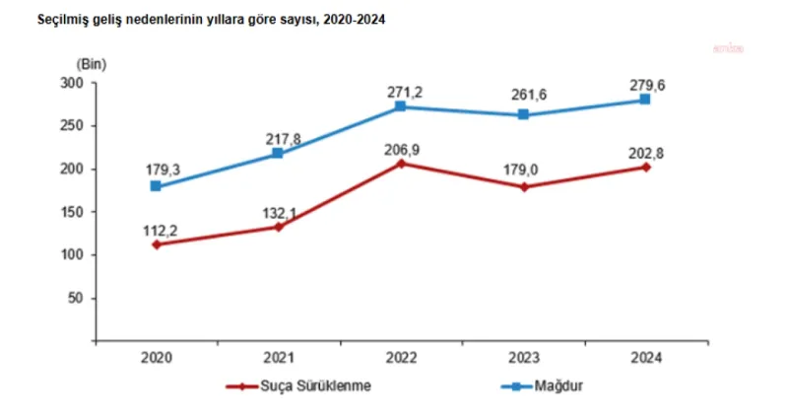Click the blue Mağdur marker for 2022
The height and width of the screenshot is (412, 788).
(400, 106)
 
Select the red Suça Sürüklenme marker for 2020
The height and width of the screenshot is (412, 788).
(156, 244)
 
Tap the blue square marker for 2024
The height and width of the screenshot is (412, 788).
(645, 100)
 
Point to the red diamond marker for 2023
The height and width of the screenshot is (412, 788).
(523, 186)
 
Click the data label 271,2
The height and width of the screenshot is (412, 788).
(400, 91)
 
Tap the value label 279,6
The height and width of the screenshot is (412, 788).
(645, 84)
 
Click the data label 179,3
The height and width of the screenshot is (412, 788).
(156, 170)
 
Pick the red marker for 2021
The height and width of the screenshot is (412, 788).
(278, 227)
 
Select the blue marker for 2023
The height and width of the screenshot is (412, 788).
(523, 115)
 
